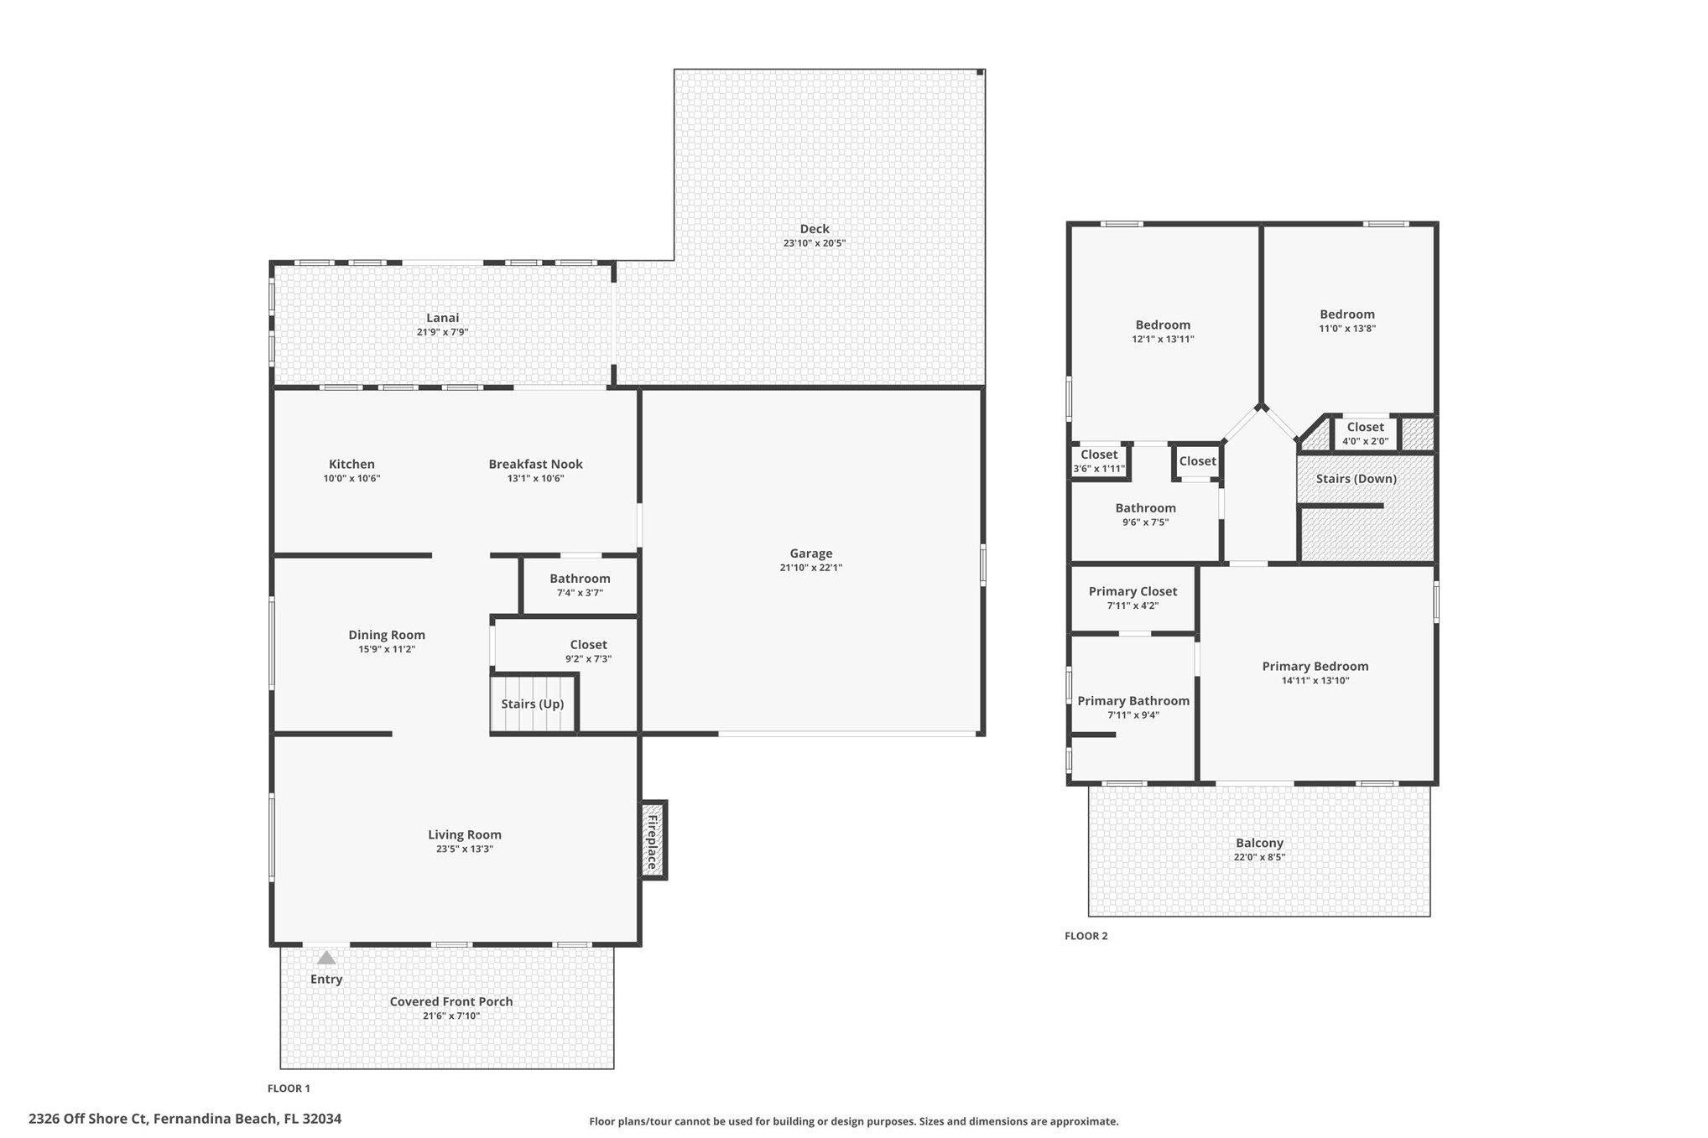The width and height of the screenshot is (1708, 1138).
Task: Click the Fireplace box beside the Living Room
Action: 653,840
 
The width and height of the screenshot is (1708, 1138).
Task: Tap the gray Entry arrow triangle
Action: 326,958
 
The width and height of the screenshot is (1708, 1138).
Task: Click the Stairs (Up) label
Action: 532,704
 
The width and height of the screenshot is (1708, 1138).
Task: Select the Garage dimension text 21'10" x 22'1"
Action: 810,568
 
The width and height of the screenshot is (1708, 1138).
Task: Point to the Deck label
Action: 814,229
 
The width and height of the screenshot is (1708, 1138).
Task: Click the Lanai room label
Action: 442,318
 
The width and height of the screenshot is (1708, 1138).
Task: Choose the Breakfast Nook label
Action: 535,464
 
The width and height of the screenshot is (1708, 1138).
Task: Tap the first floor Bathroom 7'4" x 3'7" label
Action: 580,579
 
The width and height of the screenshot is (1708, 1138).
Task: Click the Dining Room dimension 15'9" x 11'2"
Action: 386,649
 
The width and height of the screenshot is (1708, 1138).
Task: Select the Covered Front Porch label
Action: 450,1001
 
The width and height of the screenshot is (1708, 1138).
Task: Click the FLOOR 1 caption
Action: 289,1089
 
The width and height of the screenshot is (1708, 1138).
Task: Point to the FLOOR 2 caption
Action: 1086,936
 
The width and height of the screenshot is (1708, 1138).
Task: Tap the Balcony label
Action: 1258,843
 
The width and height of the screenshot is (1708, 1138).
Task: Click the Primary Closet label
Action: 1133,591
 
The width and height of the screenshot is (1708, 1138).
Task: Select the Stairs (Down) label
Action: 1356,479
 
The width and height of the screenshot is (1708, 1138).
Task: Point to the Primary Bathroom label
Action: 1133,701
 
